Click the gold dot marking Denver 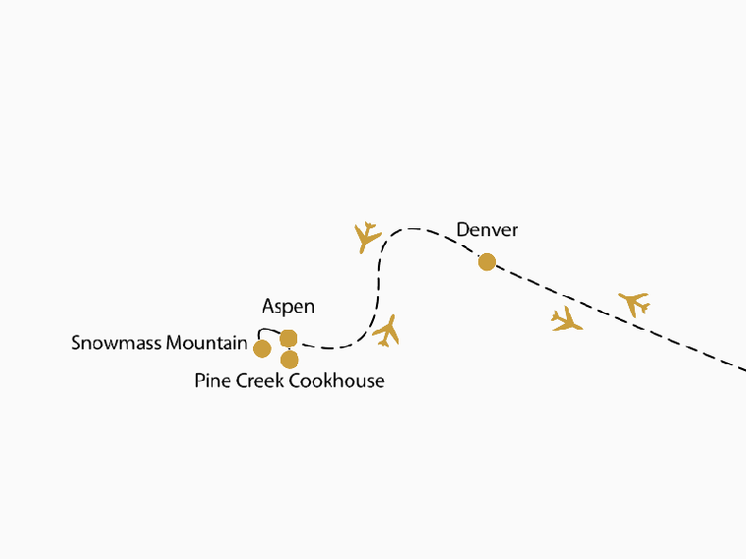pos(486,262)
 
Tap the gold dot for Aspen pos(288,339)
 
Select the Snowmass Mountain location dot pos(262,348)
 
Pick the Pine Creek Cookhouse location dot pos(289,359)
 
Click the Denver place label pos(487,230)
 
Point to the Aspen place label pos(288,307)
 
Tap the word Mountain pos(207,343)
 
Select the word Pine pos(213,380)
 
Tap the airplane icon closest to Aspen pos(387,331)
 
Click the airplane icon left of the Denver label pos(367,236)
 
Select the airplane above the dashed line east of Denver pos(635,303)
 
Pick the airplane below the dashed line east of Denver pos(567,319)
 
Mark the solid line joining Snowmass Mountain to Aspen pos(265,331)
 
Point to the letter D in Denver pos(463,230)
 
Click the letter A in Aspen pos(268,307)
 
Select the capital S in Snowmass pos(77,343)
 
